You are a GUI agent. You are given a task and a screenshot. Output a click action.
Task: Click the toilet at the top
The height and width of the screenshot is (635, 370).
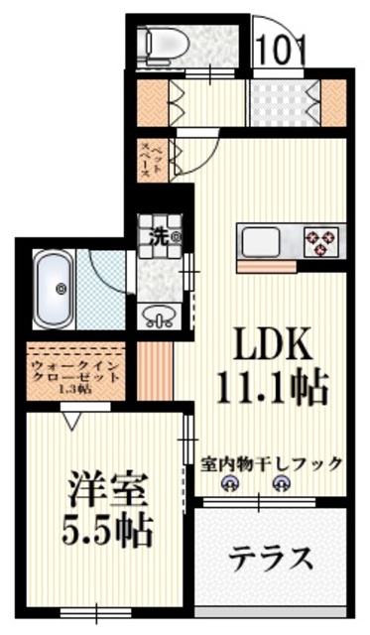[x=160, y=42]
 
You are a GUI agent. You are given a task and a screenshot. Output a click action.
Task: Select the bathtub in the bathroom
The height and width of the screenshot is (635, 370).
[x=56, y=289]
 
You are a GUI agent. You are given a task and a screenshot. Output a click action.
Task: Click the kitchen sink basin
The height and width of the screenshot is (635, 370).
[x=263, y=241]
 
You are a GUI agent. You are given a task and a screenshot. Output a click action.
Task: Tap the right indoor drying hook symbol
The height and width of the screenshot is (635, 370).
[x=282, y=484]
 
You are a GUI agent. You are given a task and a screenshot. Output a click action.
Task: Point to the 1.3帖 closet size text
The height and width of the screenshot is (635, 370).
[x=74, y=389]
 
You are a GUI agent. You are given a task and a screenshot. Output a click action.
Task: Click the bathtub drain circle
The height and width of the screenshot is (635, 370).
[x=61, y=289]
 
